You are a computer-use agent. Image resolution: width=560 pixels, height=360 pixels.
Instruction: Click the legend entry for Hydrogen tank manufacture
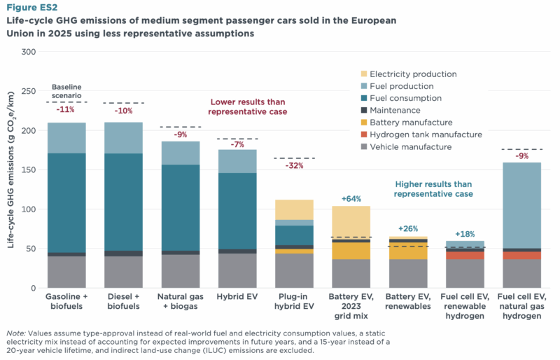pyautogui.click(x=426, y=134)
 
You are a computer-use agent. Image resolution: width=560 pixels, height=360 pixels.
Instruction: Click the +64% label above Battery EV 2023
pyautogui.click(x=351, y=199)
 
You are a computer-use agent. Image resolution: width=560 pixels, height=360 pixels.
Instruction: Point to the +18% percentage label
pyautogui.click(x=465, y=234)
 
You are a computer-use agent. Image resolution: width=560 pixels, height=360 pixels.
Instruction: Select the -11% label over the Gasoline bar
pyautogui.click(x=66, y=110)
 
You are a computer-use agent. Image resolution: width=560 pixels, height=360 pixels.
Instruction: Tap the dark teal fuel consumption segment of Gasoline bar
pyautogui.click(x=66, y=202)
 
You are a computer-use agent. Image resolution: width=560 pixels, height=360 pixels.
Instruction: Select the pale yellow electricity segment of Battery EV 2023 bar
pyautogui.click(x=351, y=221)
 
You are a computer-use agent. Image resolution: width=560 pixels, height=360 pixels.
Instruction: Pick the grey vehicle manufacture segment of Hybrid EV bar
pyautogui.click(x=237, y=270)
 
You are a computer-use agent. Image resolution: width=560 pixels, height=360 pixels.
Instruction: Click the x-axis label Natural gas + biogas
pyautogui.click(x=180, y=301)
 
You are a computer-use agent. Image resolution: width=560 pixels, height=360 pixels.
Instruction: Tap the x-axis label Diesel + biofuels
pyautogui.click(x=123, y=301)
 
